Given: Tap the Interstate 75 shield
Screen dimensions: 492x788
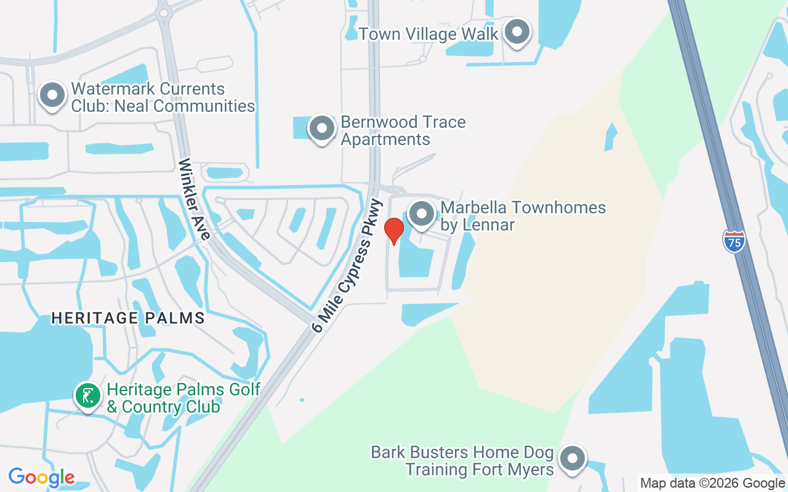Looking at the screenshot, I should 734,240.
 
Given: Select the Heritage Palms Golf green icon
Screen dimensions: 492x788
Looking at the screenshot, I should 87,395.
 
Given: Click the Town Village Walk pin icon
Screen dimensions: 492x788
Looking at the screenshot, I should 517,32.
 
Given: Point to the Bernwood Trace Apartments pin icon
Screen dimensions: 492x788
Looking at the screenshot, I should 321,129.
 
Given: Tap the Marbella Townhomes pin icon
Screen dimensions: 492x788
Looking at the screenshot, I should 422,215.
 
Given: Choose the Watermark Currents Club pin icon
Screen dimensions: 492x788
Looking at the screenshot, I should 52,95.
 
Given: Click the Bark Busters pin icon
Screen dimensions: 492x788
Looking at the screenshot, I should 573,459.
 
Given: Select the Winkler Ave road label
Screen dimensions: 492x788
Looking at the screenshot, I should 195,199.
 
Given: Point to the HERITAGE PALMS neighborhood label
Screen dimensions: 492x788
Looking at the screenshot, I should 128,318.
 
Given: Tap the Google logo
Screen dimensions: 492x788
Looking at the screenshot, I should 42,477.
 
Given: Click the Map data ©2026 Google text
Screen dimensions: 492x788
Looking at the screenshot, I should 713,483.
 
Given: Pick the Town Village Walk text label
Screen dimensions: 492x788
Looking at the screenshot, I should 428,34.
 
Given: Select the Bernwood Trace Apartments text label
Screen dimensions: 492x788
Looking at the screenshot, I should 403,130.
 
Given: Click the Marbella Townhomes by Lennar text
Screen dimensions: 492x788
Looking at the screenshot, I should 523,216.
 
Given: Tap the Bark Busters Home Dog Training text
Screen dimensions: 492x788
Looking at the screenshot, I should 462,461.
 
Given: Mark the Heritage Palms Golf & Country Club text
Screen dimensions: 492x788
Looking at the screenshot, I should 183,398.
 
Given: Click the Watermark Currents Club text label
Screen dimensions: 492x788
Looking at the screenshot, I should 163,97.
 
